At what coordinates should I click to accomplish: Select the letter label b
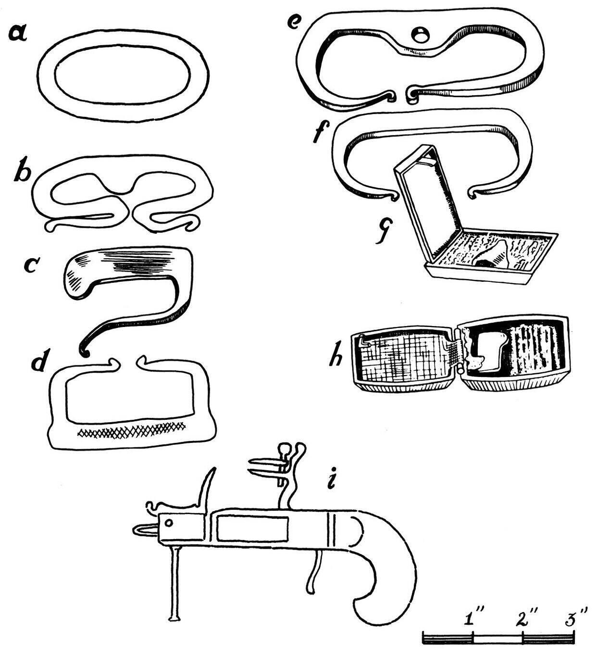(x=22, y=172)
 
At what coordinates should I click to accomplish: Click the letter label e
(x=292, y=22)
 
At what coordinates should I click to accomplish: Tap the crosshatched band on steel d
(x=131, y=429)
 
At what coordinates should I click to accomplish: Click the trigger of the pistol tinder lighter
(x=313, y=572)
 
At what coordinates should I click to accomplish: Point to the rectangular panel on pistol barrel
(x=252, y=528)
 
